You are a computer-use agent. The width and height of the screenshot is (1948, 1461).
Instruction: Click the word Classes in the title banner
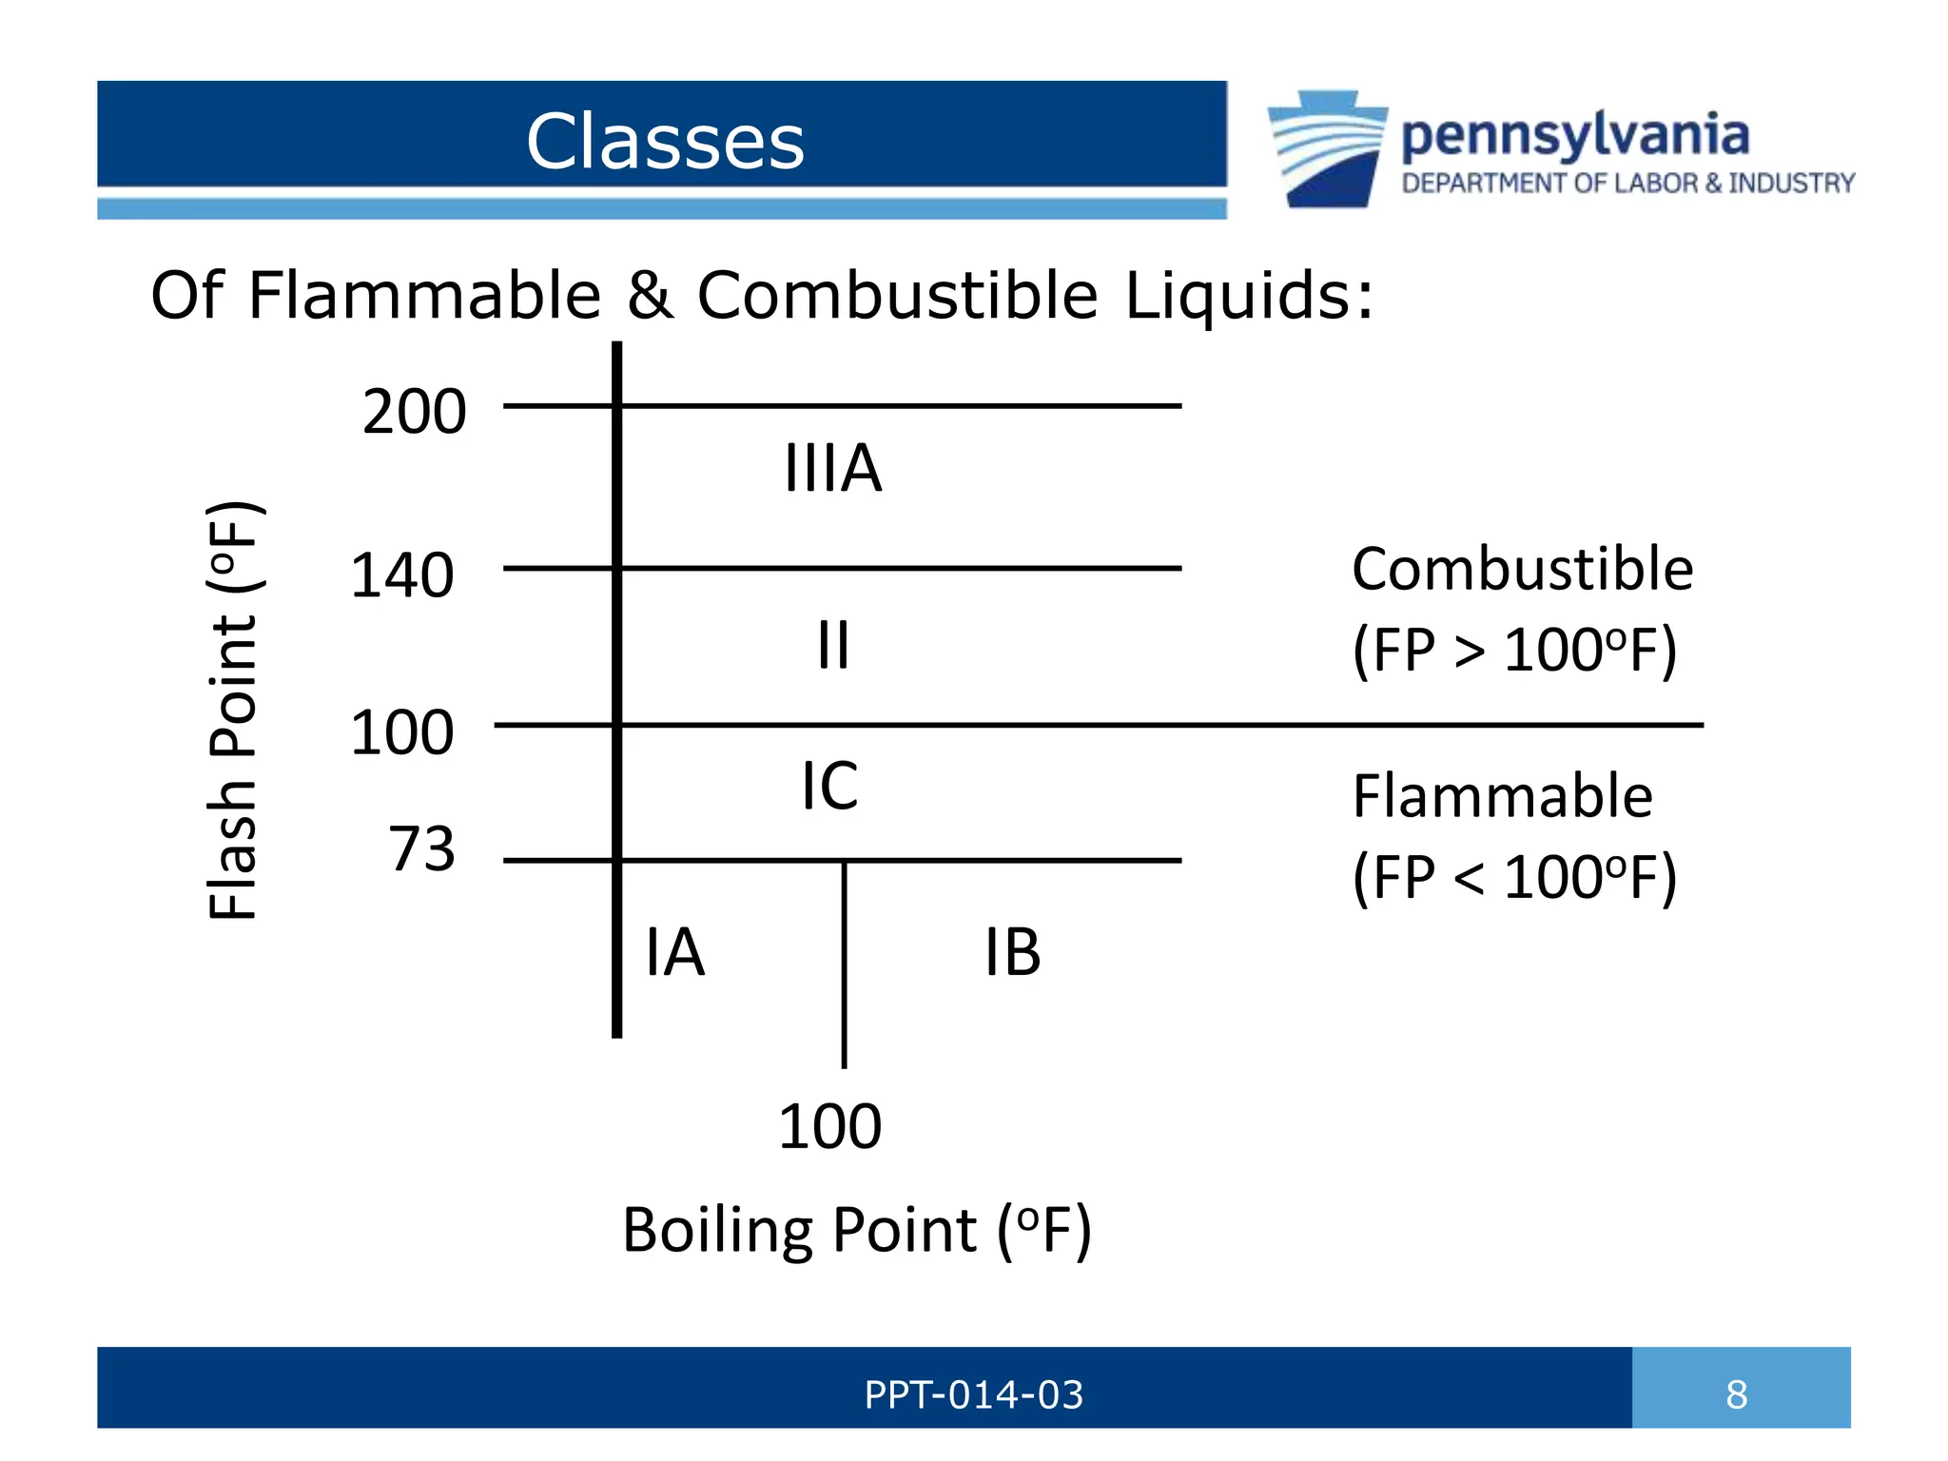click(665, 141)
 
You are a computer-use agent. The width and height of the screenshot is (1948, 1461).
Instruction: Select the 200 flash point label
click(414, 412)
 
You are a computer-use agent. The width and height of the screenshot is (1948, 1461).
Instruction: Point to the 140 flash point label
click(401, 575)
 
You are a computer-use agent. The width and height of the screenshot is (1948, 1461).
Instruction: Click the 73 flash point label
click(421, 848)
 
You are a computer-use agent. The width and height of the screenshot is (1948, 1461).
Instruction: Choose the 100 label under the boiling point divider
click(829, 1126)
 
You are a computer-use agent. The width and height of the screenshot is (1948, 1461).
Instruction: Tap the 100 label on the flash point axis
click(401, 732)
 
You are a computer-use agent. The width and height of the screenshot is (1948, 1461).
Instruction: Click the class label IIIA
click(832, 468)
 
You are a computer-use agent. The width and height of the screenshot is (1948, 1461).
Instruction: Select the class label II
click(833, 645)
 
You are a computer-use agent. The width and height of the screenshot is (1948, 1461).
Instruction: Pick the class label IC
click(829, 786)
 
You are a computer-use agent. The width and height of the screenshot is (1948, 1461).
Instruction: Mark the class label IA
click(674, 952)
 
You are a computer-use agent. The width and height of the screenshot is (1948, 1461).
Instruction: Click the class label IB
click(1012, 952)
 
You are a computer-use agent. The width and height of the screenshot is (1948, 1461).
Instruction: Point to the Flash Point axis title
click(233, 710)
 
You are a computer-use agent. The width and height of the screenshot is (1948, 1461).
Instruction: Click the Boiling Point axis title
click(856, 1230)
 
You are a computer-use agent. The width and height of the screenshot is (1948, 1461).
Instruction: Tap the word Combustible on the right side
click(1522, 569)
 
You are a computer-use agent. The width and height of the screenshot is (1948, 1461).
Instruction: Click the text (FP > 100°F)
click(1514, 651)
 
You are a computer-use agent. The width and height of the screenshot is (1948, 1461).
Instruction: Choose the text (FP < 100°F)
click(1514, 877)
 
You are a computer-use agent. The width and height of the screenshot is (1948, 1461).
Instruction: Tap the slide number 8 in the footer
click(1736, 1394)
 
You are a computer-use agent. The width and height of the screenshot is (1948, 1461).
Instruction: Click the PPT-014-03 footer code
click(973, 1394)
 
